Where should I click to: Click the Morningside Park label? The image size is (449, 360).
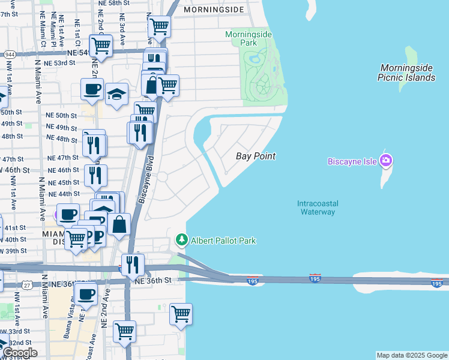pos(249,38)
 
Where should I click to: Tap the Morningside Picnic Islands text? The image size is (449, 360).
pos(406,73)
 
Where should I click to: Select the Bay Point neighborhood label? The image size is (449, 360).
pos(255,156)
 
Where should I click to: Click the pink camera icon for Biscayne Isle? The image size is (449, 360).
pos(386,160)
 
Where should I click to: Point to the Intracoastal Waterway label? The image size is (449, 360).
pos(316,208)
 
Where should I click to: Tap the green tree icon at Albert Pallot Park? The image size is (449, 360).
pos(182,240)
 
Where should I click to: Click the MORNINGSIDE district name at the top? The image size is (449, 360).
pos(214,10)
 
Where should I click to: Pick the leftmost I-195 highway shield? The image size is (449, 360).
pos(253,280)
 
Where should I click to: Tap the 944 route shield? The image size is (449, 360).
pos(9,54)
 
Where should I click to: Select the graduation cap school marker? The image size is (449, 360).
pos(116,93)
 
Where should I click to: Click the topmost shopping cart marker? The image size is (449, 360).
pos(159,26)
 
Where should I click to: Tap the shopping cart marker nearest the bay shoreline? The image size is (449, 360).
pos(181,313)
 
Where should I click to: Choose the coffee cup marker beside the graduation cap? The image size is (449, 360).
pos(92,89)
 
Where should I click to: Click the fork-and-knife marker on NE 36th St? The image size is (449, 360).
pos(133,263)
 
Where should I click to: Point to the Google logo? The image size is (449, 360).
pos(19,353)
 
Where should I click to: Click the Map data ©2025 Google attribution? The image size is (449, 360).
pos(412,355)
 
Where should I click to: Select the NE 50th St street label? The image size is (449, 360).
pos(62,115)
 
